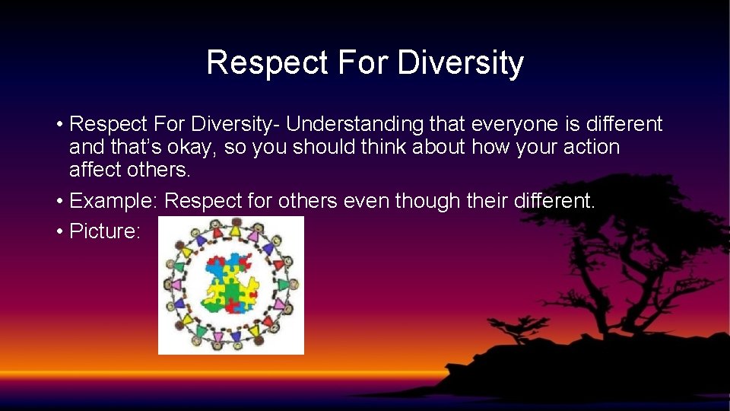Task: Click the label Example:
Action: click(x=113, y=201)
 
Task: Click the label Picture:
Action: click(x=105, y=231)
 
